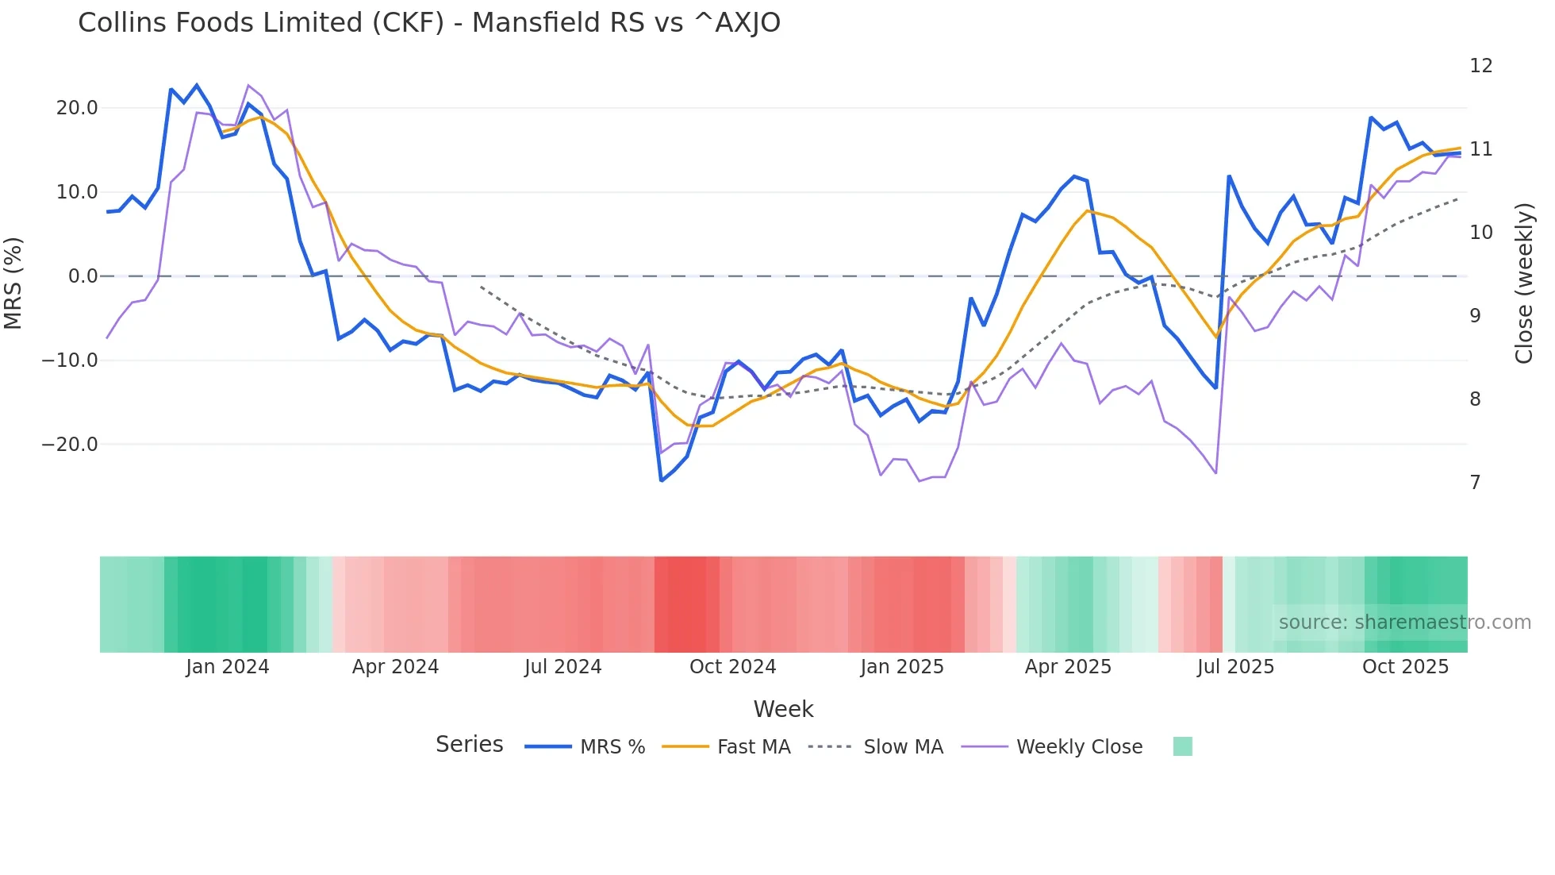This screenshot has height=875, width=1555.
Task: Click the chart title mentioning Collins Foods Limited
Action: coord(428,23)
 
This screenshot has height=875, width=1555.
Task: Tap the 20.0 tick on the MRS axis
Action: coord(77,108)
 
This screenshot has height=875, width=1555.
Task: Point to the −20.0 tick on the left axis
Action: coord(70,445)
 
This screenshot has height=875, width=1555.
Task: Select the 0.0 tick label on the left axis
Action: coord(83,276)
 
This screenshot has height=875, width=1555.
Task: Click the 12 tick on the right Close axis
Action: coord(1480,66)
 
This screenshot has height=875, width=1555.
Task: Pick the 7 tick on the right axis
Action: coord(1475,483)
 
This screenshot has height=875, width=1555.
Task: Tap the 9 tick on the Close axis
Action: coord(1475,316)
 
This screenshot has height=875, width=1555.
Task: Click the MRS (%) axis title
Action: coord(13,283)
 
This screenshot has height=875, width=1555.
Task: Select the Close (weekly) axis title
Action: coord(1523,283)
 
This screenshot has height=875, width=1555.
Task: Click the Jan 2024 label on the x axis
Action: coord(228,667)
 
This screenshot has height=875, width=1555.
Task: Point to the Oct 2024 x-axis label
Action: coord(732,667)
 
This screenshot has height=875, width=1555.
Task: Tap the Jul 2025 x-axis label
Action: coord(1235,667)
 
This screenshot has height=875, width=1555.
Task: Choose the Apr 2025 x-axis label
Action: coord(1068,667)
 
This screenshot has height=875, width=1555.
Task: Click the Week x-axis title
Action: coord(783,709)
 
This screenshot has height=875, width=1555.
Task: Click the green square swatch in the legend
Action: coord(1182,746)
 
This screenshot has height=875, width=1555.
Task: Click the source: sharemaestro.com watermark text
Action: coord(1404,623)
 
